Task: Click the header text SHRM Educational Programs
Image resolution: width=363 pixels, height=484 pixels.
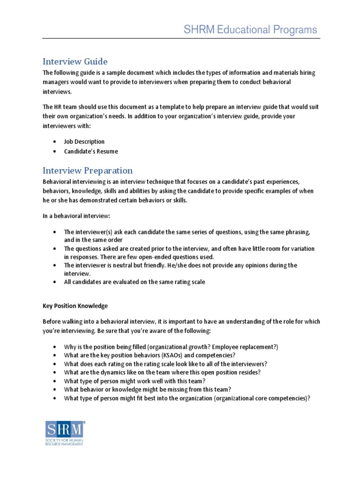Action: (x=250, y=30)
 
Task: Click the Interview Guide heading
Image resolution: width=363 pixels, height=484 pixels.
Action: (x=75, y=61)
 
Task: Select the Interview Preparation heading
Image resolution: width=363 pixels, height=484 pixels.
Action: (x=87, y=171)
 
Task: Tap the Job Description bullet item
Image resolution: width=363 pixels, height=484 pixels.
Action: (x=84, y=141)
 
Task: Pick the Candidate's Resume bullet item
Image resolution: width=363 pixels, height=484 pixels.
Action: (x=91, y=151)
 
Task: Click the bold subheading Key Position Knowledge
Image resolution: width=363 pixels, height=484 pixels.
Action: (x=75, y=306)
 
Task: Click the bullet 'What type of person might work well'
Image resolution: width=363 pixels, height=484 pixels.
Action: (x=135, y=380)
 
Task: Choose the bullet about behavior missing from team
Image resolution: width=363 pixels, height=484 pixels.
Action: (x=147, y=389)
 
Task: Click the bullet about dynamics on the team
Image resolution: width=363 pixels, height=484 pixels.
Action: (x=162, y=372)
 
